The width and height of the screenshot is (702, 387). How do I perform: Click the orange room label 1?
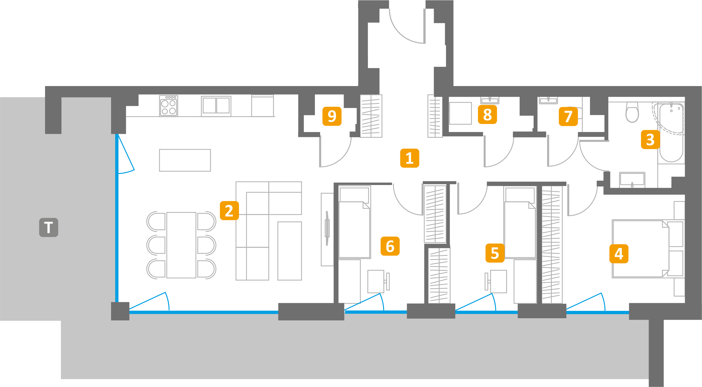click(409, 158)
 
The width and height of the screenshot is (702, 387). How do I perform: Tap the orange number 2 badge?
click(229, 211)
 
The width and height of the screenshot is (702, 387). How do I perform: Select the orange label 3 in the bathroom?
click(650, 140)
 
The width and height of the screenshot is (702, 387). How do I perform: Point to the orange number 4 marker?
click(619, 254)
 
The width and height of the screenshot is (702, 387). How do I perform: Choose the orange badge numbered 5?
click(495, 253)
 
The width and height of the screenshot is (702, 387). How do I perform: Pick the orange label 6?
click(390, 246)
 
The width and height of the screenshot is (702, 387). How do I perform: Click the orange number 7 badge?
click(568, 117)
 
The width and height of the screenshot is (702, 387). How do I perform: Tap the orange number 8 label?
click(487, 115)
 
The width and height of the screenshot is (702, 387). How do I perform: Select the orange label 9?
click(332, 116)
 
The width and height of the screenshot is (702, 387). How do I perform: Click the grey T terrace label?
click(48, 228)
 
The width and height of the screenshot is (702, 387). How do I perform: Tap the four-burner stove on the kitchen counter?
click(168, 106)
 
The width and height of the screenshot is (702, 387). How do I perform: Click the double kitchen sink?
click(216, 106)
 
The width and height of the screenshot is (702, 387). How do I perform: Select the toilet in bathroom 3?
click(632, 112)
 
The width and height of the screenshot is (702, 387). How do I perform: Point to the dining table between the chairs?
click(181, 245)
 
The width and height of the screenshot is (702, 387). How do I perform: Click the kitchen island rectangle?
click(185, 160)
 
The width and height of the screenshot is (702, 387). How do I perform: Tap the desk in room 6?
click(376, 281)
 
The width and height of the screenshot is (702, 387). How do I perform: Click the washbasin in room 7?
click(548, 101)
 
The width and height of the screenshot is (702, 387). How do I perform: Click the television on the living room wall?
click(327, 228)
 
